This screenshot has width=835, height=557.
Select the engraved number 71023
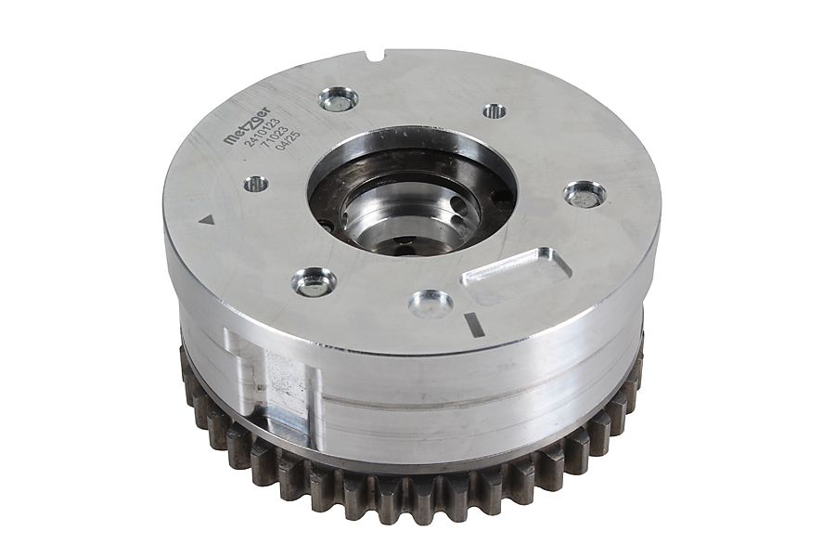(275, 138)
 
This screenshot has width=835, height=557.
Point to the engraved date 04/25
(289, 142)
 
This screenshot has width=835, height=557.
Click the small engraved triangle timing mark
(205, 218)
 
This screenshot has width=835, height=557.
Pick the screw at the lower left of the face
(314, 281)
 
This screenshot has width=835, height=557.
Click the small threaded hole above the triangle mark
(256, 185)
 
